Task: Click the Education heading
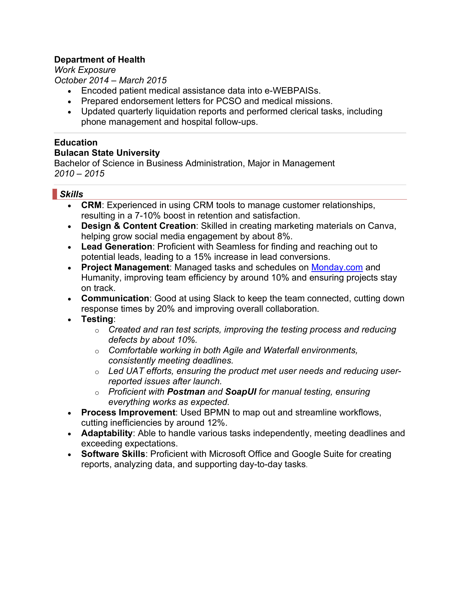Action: (76, 142)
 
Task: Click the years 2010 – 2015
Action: (79, 173)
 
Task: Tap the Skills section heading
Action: (71, 194)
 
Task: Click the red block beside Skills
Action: (55, 194)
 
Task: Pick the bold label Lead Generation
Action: (117, 246)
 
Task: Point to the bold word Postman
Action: (186, 392)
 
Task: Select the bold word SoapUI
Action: (241, 392)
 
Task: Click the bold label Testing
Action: (97, 319)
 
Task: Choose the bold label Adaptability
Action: (107, 433)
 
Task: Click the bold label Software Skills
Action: (113, 454)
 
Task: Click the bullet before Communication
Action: (69, 299)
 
